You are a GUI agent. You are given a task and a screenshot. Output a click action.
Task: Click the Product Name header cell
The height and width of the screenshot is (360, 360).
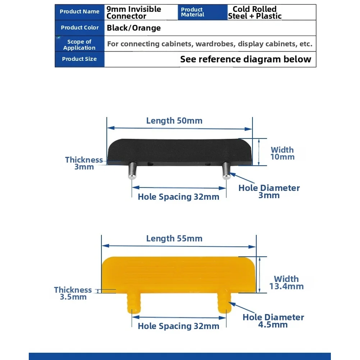point(79,12)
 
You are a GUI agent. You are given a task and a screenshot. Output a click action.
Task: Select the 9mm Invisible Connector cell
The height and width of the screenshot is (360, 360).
point(134,13)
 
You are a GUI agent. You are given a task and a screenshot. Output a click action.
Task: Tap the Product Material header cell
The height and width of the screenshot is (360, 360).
point(192,12)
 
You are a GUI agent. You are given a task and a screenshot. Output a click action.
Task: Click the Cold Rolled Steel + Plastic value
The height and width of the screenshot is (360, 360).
point(255,13)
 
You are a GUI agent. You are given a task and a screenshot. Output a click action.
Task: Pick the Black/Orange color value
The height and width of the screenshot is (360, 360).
point(134,28)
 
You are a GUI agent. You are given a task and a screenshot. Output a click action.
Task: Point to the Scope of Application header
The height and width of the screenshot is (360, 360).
point(79,45)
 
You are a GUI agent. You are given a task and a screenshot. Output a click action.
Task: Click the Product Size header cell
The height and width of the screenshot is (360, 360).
point(79,59)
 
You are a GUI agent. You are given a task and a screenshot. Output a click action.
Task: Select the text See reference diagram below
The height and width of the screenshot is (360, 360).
point(246,59)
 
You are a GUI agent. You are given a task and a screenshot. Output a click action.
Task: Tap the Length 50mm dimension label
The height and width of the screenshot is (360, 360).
point(174,121)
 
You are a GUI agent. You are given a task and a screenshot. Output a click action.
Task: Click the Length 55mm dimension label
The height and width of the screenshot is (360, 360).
point(174,238)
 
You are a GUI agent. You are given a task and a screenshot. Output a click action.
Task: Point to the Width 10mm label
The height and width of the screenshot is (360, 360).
point(282,153)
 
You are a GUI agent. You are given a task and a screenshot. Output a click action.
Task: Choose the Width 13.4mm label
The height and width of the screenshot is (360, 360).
point(287,283)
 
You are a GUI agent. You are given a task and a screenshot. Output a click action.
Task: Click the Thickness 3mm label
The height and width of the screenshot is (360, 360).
point(84,163)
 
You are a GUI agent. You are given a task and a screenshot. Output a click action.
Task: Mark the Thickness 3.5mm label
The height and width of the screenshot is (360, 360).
point(73,293)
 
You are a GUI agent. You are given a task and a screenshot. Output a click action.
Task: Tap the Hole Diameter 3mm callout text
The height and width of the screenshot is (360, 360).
point(269,192)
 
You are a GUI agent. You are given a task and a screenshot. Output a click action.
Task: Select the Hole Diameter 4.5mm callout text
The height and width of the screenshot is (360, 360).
point(273,321)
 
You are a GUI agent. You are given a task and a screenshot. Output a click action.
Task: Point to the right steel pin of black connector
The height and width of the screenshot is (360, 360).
point(226,170)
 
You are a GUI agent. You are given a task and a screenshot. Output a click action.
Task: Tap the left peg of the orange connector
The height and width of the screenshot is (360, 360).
point(133,302)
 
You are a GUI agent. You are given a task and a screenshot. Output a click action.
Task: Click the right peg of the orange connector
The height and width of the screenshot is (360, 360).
point(223,301)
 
